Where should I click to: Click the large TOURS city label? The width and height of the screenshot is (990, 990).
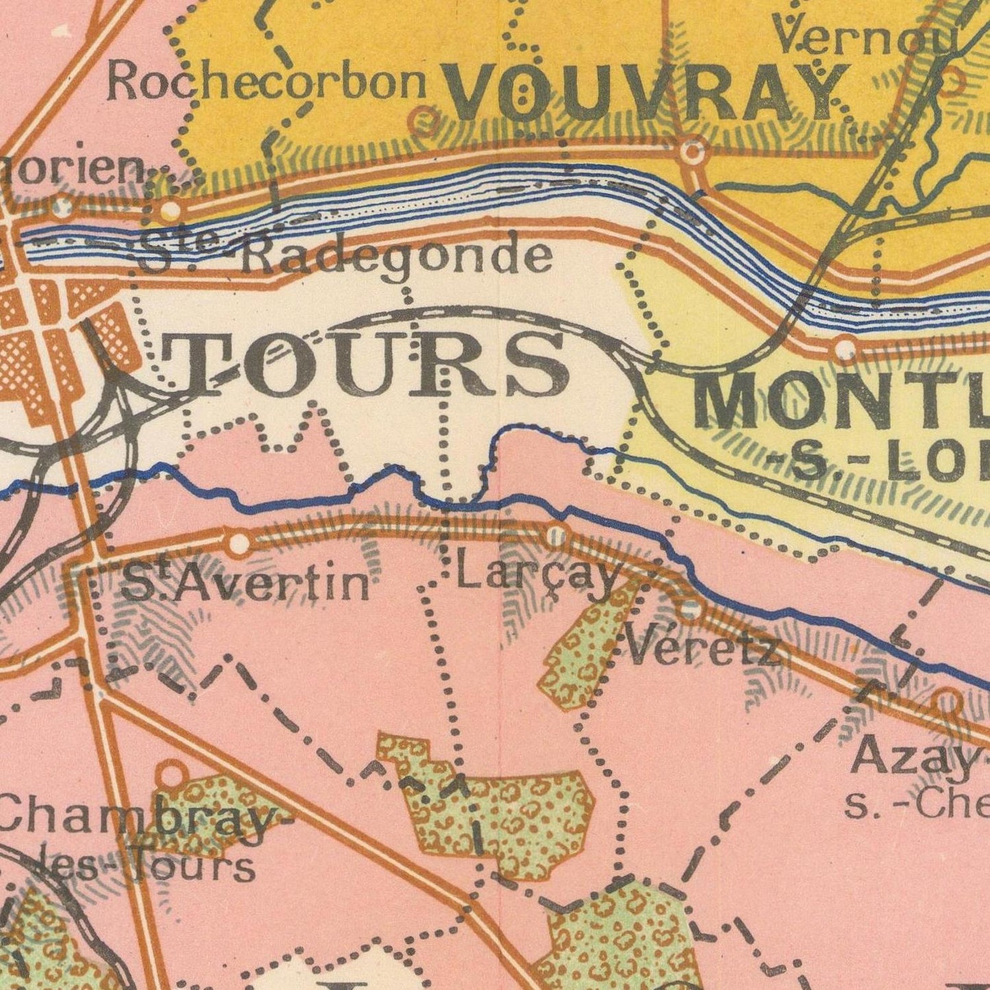[x=363, y=363]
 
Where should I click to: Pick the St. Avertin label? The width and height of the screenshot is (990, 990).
[x=245, y=584]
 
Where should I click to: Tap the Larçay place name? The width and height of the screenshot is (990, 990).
[x=538, y=574]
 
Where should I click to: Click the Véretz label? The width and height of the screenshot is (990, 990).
[x=702, y=647]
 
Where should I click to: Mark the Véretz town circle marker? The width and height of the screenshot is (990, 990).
[x=690, y=609]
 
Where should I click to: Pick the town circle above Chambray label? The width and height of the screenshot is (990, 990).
[x=172, y=774]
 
